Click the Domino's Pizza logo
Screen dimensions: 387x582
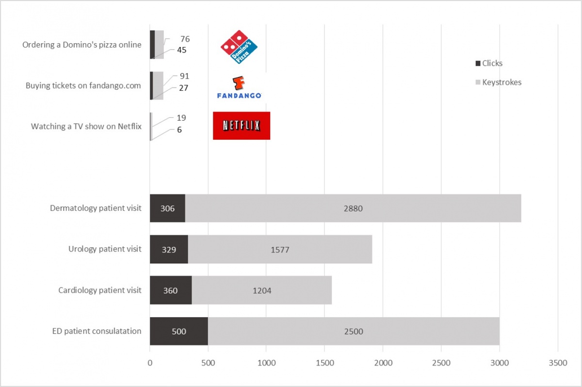[239, 47]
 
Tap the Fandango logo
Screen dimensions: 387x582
[239, 88]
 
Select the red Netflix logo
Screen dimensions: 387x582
[242, 126]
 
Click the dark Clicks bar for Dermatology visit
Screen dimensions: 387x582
[167, 209]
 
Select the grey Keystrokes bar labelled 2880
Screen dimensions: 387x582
[353, 209]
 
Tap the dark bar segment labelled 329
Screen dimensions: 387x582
[169, 249]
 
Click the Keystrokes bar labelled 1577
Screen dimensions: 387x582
[280, 249]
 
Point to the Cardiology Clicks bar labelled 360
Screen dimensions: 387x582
[171, 290]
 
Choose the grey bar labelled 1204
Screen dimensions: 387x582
[262, 290]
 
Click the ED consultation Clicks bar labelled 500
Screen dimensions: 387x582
[179, 332]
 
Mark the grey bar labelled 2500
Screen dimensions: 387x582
[354, 332]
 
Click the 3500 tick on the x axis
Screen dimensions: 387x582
[557, 362]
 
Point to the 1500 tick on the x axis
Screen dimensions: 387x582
[324, 362]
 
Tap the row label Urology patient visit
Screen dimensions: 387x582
[105, 249]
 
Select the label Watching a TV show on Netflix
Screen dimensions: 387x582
[86, 126]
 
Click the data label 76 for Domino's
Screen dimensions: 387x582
[185, 39]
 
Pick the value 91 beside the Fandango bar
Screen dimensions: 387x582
[184, 76]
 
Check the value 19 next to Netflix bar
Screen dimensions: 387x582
[181, 118]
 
